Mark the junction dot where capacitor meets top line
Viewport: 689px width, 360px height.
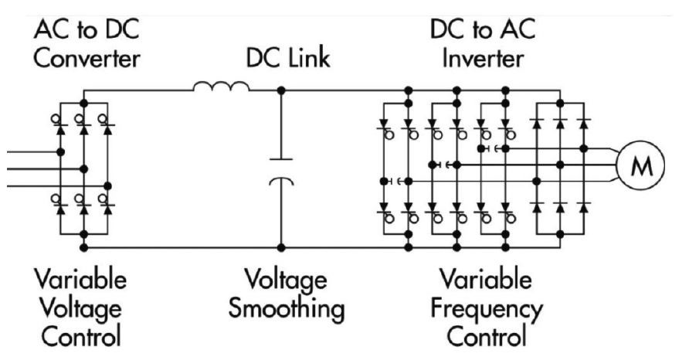(x=281, y=90)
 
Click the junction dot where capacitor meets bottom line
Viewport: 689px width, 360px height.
(x=281, y=247)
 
